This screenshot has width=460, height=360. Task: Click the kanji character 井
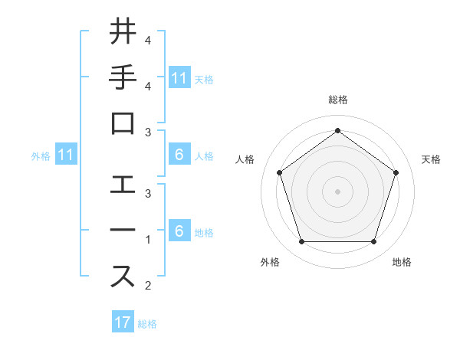point(123,33)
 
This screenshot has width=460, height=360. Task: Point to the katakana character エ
point(123,184)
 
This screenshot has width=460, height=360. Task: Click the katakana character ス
point(123,277)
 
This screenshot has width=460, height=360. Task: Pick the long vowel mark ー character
point(123,231)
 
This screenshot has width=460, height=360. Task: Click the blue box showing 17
point(123,322)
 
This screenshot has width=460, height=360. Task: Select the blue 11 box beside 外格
point(66,155)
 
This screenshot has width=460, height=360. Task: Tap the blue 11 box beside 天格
point(179,77)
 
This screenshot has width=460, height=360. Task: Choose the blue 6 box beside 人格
point(179,155)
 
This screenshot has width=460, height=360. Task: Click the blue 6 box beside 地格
point(179,231)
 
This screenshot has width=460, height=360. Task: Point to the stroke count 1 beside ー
point(148,240)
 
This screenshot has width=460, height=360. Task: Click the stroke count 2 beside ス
point(148,286)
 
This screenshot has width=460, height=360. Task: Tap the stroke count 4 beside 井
point(148,40)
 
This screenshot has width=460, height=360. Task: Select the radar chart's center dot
point(337,191)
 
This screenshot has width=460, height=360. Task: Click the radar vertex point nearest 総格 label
point(337,130)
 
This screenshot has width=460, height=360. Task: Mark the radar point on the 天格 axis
point(396,172)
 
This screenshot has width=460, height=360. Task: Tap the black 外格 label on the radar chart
point(270,262)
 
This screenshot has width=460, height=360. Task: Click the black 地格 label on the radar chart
point(402,262)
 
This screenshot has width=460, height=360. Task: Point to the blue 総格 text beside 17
point(147,323)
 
